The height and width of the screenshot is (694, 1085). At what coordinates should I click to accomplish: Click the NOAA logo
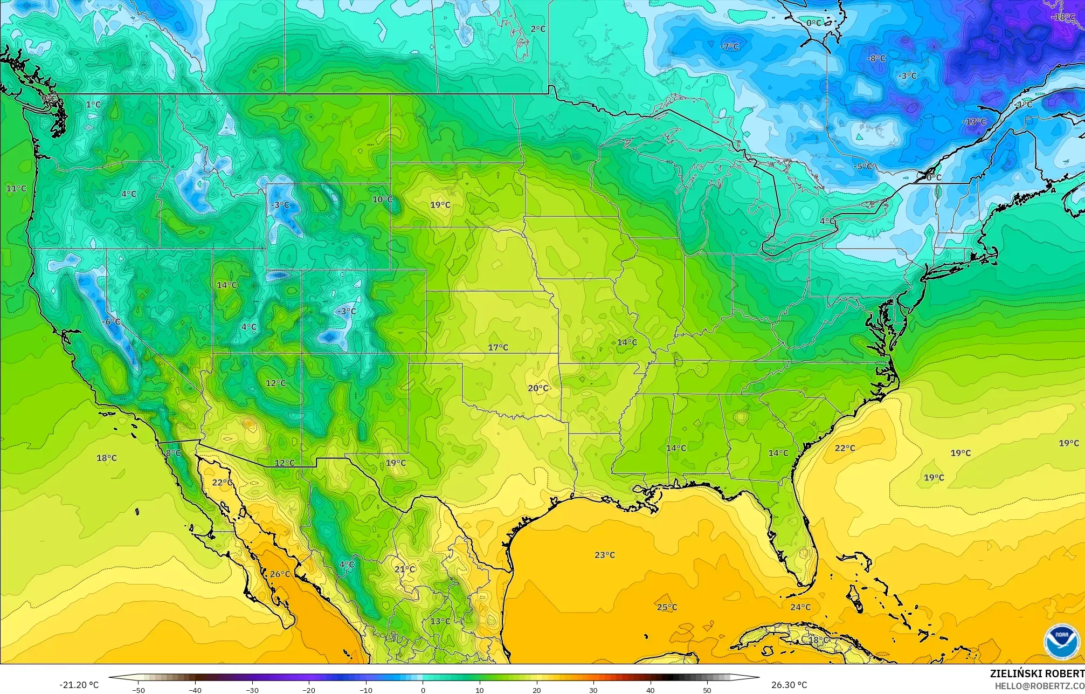[x=1061, y=642]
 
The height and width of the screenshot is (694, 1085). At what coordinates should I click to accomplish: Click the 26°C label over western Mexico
[x=280, y=574]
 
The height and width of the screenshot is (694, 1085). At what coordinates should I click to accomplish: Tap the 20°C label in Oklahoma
[x=538, y=388]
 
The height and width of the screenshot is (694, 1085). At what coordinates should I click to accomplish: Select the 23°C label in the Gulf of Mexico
[x=604, y=555]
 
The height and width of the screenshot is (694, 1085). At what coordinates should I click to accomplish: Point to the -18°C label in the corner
[x=1063, y=17]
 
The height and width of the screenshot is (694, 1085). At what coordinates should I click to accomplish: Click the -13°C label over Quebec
[x=974, y=122]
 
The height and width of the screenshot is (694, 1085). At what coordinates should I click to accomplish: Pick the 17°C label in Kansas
[x=498, y=347]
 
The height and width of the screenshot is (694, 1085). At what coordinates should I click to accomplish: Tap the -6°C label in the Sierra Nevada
[x=112, y=322]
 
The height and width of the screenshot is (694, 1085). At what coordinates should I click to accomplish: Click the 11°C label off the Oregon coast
[x=16, y=188]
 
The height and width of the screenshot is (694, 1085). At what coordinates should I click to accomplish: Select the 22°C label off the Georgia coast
[x=845, y=448]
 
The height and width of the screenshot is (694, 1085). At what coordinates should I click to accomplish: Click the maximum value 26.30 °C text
[x=789, y=685]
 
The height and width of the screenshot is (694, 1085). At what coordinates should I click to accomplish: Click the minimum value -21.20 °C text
[x=79, y=685]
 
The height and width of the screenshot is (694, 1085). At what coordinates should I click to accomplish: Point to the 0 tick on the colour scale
[x=423, y=690]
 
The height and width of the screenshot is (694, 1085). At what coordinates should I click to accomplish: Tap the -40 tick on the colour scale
[x=195, y=690]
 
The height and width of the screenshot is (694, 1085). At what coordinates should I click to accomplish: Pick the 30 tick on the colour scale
[x=593, y=690]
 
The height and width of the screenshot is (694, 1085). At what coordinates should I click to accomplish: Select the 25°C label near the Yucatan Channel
[x=667, y=607]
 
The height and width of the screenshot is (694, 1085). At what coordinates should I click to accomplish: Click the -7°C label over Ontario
[x=729, y=47]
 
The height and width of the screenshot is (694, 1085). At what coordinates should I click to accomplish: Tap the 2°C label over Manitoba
[x=538, y=29]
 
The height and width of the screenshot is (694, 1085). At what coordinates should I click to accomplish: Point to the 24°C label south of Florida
[x=800, y=607]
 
